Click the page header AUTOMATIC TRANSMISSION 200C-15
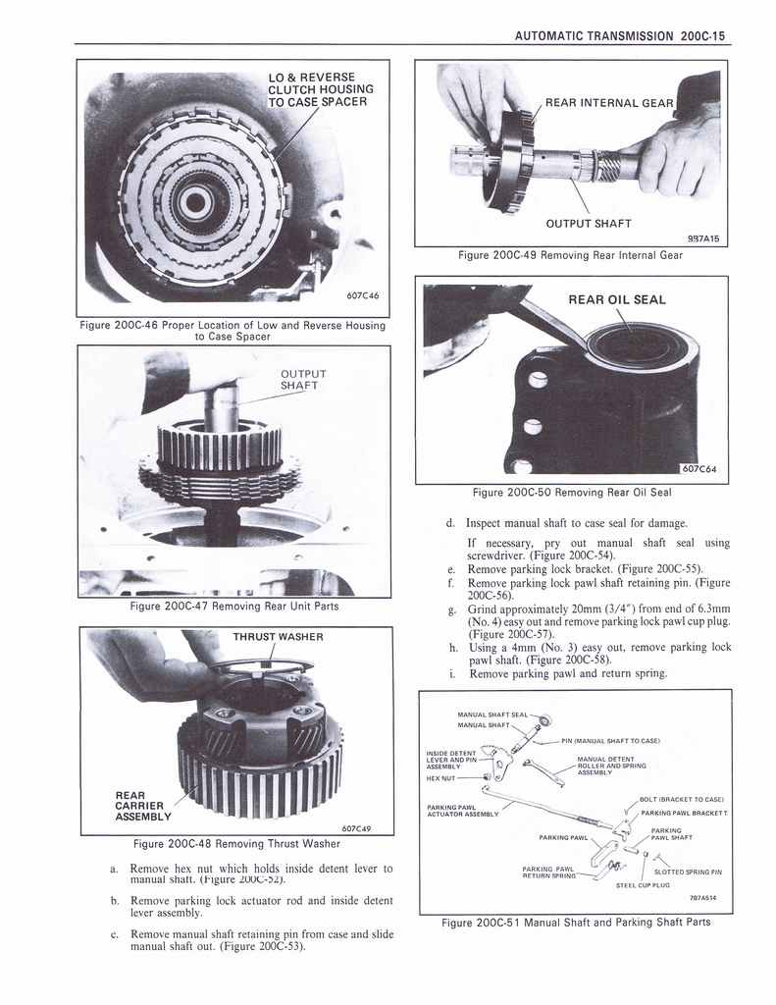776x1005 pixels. tap(619, 35)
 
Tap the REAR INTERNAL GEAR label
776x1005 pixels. tap(608, 103)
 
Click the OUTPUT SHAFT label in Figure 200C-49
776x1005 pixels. tap(589, 223)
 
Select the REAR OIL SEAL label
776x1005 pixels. tap(617, 300)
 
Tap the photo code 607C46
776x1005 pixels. tap(363, 293)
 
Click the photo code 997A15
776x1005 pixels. tap(703, 238)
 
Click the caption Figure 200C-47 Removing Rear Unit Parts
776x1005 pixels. tap(234, 606)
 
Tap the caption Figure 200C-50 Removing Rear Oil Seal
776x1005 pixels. tap(572, 492)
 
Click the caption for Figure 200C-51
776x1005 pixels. tap(576, 922)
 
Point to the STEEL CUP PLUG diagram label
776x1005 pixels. tap(643, 885)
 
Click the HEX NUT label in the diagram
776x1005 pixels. tap(441, 778)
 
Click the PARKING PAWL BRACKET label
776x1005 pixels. tap(683, 813)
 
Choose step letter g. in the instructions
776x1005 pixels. tap(449, 608)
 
